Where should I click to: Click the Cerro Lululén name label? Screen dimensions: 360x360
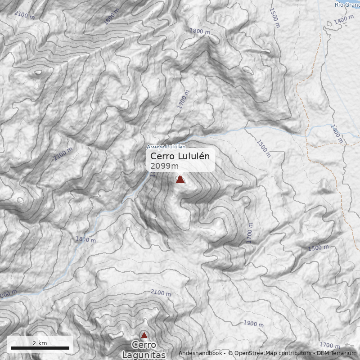(x=180, y=156)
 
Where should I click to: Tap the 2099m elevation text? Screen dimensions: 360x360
(x=164, y=166)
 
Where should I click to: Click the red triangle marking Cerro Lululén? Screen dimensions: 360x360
(x=180, y=179)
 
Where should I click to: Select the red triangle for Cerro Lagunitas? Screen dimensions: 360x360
(x=144, y=335)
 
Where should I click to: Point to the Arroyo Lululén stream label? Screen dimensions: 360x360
(x=166, y=147)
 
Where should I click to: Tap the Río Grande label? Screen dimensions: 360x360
(x=347, y=4)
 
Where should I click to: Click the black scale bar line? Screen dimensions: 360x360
(x=40, y=348)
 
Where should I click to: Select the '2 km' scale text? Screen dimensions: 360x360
(x=40, y=343)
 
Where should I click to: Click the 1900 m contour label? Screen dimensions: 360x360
(x=253, y=323)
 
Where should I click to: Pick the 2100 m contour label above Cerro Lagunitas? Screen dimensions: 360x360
(x=161, y=293)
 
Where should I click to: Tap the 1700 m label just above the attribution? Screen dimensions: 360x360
(x=329, y=345)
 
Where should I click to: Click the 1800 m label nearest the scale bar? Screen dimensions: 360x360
(x=85, y=240)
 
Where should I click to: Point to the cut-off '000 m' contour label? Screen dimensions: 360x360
(x=8, y=293)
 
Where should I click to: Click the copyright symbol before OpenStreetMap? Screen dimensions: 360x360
(x=230, y=353)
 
